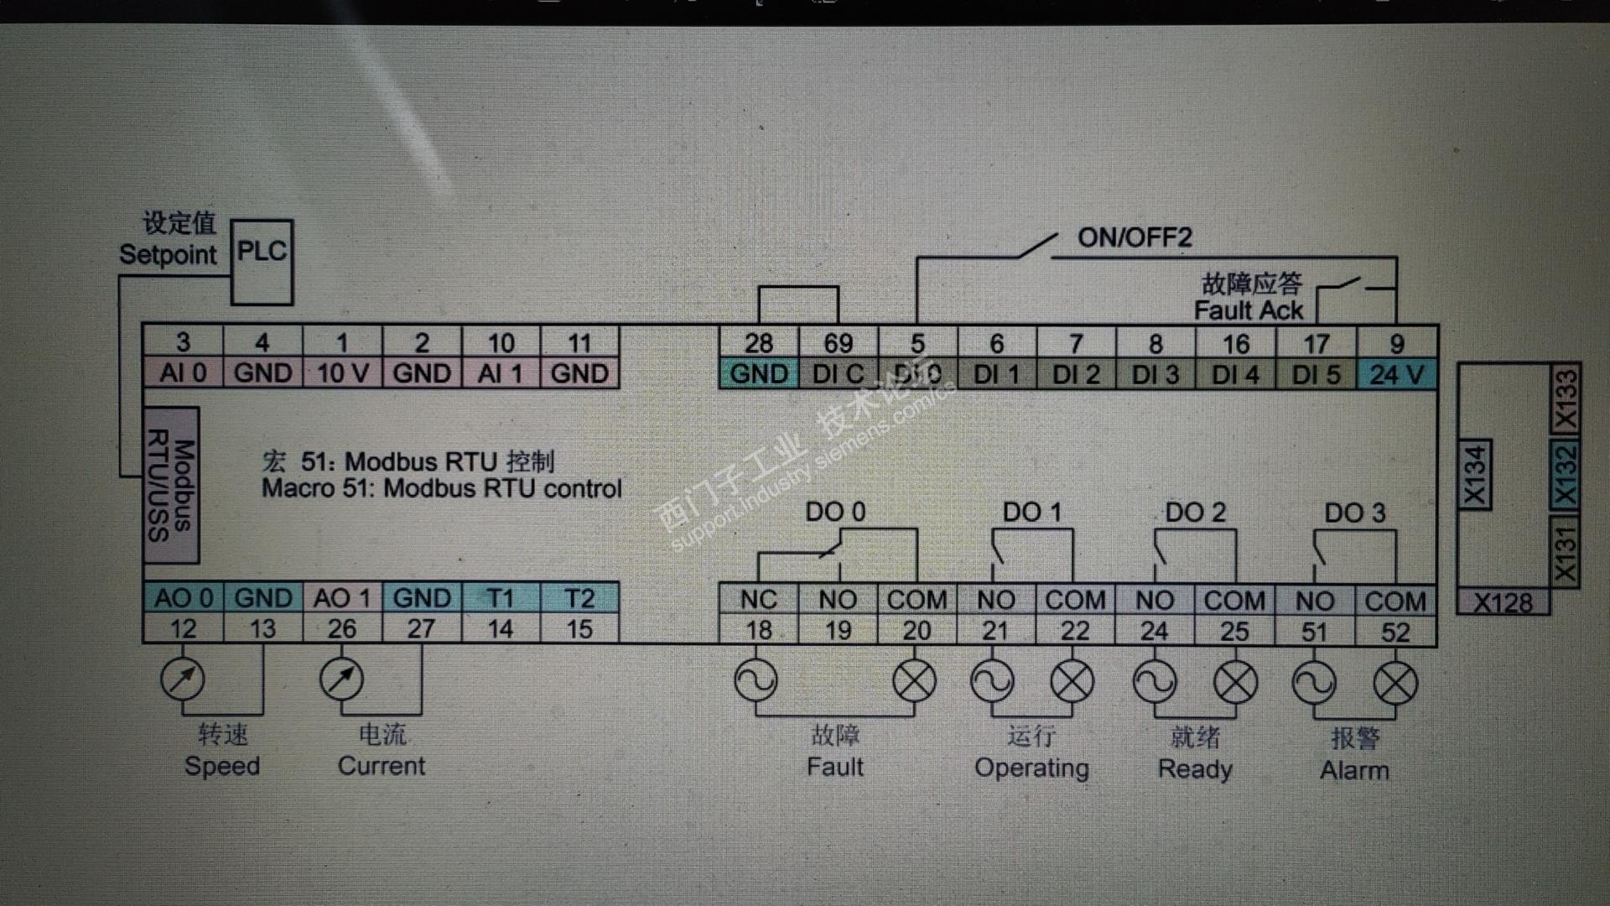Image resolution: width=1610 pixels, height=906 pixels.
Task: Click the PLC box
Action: point(262,263)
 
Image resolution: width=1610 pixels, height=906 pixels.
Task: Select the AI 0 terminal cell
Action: point(183,372)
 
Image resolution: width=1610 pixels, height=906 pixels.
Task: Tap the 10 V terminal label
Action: point(342,372)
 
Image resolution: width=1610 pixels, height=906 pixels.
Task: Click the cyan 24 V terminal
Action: point(1396,374)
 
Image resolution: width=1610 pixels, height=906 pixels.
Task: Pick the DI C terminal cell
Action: point(838,374)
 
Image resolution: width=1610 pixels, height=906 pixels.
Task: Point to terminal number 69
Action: point(838,343)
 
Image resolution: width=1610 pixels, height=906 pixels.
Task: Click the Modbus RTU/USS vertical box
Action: point(171,485)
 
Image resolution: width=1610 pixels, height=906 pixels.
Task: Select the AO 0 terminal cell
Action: point(184,598)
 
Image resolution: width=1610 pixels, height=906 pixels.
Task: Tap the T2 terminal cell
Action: point(579,598)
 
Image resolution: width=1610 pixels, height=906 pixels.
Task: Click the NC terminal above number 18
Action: point(758,600)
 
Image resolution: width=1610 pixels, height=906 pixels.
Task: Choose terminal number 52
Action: point(1395,632)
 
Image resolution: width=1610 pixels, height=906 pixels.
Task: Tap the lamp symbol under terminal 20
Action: point(915,680)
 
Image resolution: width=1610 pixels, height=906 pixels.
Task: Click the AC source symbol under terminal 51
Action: point(1314,683)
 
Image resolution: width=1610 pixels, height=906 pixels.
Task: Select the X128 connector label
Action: point(1503,602)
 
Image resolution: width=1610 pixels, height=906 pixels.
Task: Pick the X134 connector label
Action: point(1475,475)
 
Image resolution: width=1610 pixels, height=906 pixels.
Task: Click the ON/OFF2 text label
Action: point(1135,237)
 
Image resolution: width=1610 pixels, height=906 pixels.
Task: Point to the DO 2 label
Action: point(1195,512)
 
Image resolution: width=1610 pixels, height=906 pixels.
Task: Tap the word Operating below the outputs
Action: point(1031,768)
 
